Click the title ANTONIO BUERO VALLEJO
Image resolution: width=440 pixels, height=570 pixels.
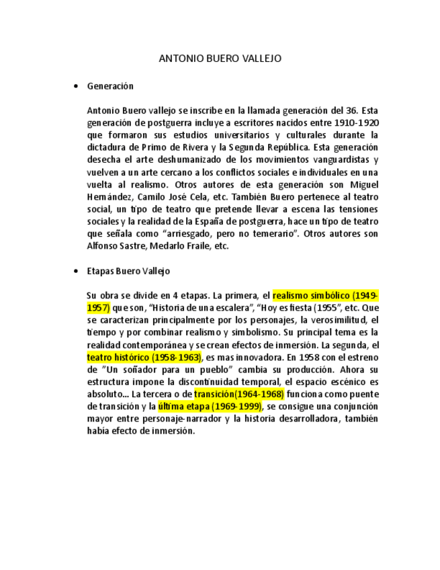[220, 58]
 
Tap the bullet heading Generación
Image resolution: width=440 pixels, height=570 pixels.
[110, 86]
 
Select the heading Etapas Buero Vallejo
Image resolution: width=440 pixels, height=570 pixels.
[128, 271]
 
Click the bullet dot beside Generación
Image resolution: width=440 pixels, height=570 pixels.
[75, 87]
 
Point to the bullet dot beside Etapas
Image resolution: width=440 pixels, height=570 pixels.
[75, 272]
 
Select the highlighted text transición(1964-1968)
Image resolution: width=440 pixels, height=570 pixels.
[239, 394]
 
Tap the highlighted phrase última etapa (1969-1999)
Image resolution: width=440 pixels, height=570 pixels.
[210, 407]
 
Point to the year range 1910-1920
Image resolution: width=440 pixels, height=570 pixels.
[357, 123]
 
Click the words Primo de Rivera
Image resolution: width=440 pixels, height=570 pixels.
[175, 147]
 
